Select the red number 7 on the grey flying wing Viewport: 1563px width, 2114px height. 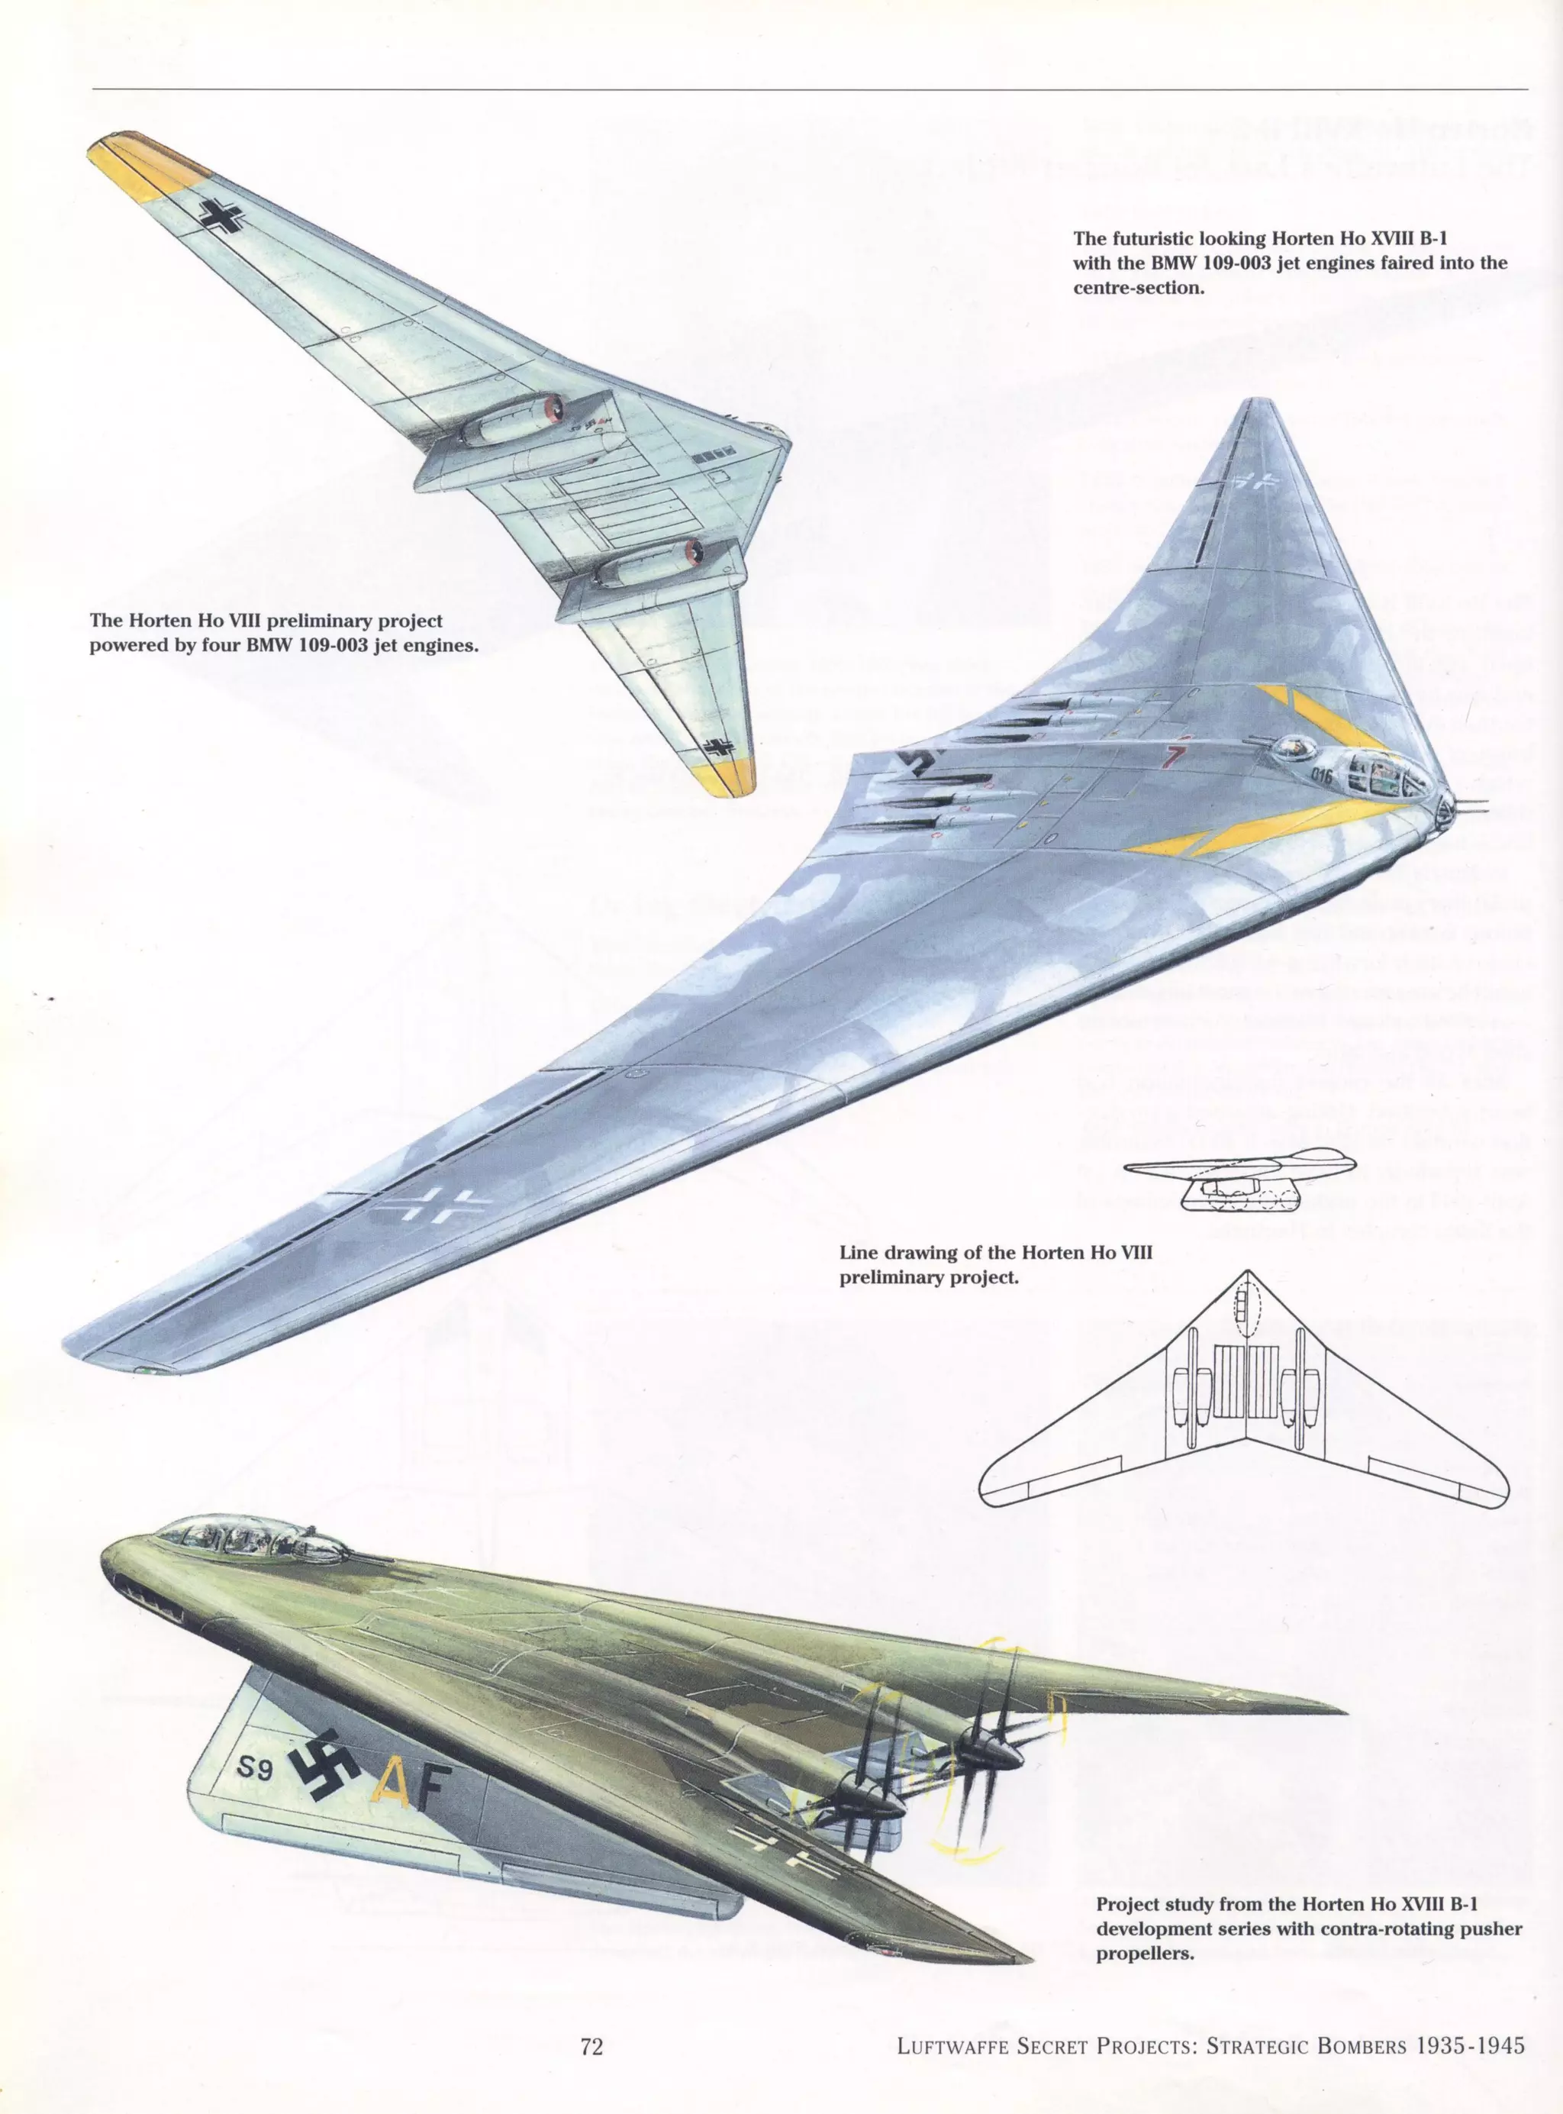click(x=1173, y=757)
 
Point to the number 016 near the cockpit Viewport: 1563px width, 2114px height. click(x=1322, y=776)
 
